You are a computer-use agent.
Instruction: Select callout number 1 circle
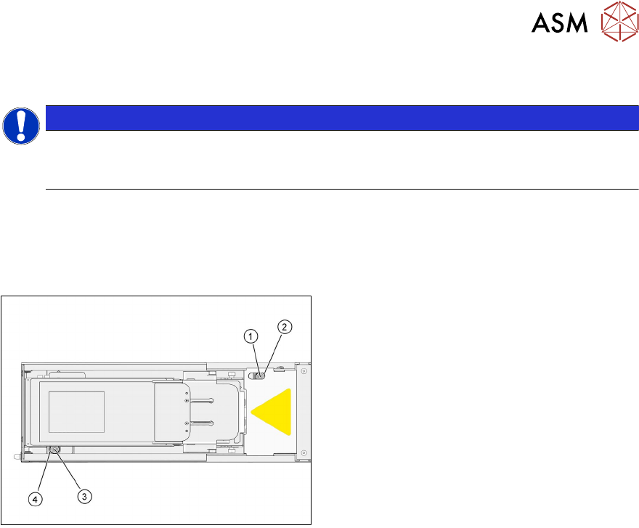[x=250, y=336]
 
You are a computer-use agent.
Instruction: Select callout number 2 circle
[x=285, y=327]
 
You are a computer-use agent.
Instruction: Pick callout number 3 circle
[x=85, y=497]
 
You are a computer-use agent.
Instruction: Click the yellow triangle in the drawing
[x=274, y=413]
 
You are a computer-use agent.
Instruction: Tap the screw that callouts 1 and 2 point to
[x=262, y=376]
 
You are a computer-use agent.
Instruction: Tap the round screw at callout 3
[x=54, y=450]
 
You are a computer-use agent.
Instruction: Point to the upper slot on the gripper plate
[x=201, y=400]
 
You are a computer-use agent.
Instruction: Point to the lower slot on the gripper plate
[x=201, y=422]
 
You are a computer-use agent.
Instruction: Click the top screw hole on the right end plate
[x=304, y=371]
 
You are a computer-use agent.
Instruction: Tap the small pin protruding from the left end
[x=16, y=457]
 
